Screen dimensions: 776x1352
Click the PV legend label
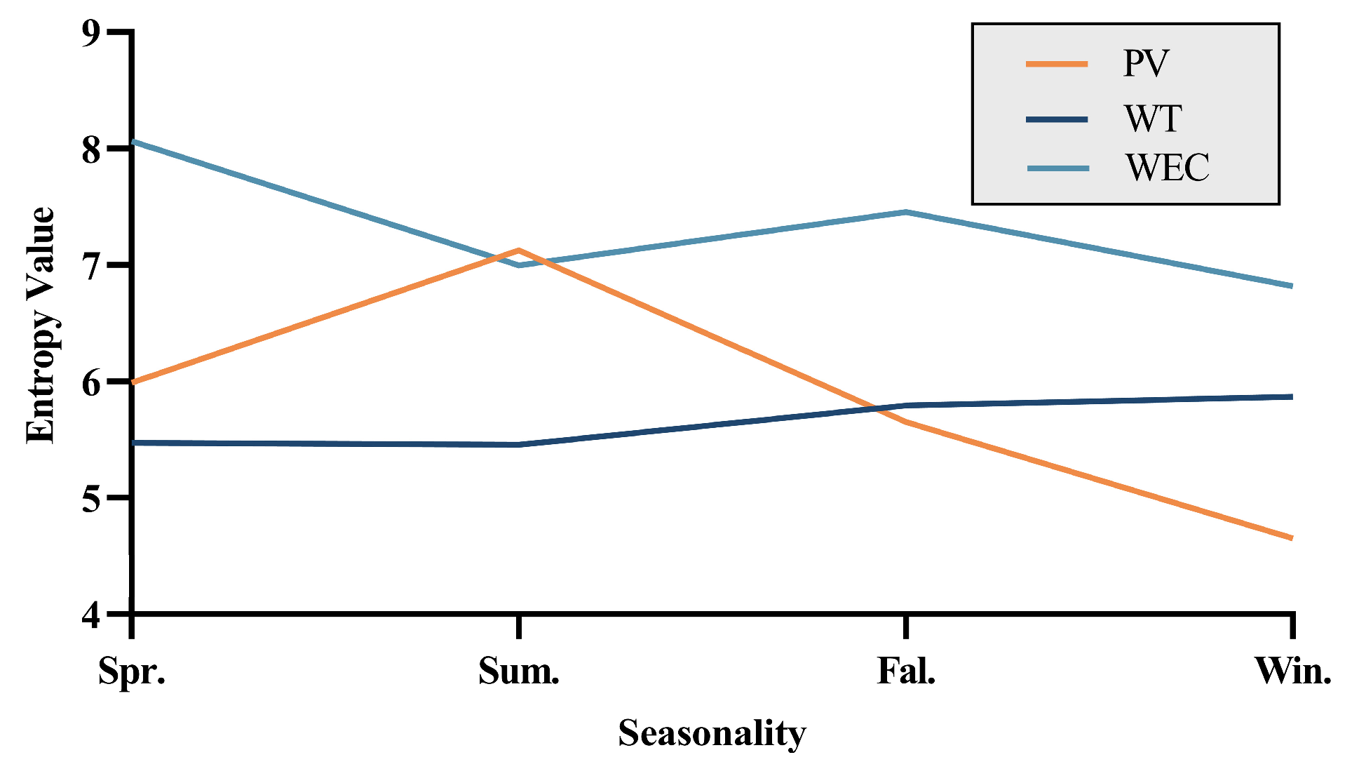point(1146,64)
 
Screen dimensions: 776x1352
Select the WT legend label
point(1153,119)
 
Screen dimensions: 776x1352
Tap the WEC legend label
point(1168,168)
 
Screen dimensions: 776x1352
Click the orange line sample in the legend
point(1057,64)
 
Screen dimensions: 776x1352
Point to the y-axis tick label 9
point(92,32)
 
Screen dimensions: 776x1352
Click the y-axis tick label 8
point(92,149)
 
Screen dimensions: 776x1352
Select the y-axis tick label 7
point(92,266)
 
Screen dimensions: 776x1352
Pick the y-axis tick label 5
point(92,499)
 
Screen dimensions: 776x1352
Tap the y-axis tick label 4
point(92,615)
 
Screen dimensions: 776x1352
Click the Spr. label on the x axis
point(132,671)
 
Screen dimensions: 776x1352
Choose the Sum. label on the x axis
point(519,671)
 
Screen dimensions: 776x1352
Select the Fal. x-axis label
point(906,671)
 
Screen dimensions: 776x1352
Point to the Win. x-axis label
point(1292,671)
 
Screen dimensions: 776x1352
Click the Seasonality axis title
point(712,734)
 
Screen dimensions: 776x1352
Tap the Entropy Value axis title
point(41,325)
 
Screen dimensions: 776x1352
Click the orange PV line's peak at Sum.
point(519,250)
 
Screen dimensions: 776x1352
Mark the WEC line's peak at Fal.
point(906,212)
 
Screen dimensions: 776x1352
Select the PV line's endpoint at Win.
point(1290,538)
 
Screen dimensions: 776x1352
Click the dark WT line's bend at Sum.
point(519,445)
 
